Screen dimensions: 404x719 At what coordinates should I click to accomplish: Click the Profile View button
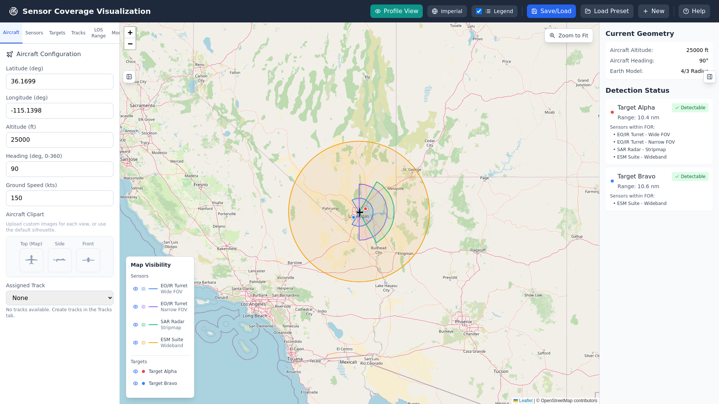(x=396, y=11)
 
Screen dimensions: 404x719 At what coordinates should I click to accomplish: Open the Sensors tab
(x=34, y=33)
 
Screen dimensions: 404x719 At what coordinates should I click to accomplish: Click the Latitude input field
(x=60, y=82)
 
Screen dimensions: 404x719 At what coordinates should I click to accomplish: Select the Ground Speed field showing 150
(x=60, y=198)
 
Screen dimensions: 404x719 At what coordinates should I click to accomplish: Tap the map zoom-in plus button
(x=130, y=33)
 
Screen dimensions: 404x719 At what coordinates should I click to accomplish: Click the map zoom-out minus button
(x=130, y=44)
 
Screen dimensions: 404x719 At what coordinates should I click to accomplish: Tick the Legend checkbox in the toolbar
(x=479, y=11)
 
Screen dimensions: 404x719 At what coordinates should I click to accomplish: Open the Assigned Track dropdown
(x=60, y=298)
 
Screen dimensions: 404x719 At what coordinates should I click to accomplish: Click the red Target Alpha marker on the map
(x=365, y=209)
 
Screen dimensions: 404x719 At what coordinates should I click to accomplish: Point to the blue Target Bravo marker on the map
(x=353, y=217)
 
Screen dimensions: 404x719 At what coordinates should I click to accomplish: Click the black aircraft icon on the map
(x=359, y=212)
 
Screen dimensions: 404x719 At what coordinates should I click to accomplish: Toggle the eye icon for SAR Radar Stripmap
(x=136, y=325)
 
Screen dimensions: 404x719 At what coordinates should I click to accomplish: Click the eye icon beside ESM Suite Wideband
(x=136, y=343)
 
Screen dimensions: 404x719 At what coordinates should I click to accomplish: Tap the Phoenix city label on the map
(x=463, y=322)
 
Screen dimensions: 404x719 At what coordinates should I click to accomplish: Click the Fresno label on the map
(x=201, y=185)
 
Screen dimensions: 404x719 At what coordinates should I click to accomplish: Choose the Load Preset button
(x=607, y=11)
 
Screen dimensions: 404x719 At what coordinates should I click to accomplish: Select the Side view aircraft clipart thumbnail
(x=60, y=260)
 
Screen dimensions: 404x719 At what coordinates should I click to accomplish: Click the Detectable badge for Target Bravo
(x=690, y=177)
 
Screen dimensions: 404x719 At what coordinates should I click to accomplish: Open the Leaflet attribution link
(x=525, y=401)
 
